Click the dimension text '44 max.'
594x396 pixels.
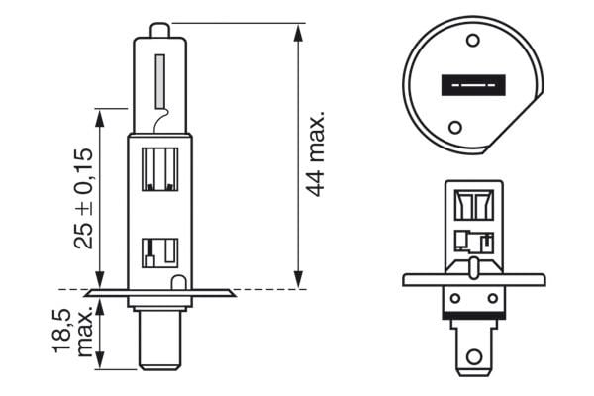(x=315, y=153)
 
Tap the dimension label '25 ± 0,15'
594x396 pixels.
(x=83, y=197)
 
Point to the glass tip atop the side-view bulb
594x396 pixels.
(x=159, y=29)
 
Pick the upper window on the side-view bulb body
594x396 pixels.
(x=159, y=168)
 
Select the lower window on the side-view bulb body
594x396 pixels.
(x=159, y=252)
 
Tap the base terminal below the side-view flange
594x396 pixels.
(x=159, y=342)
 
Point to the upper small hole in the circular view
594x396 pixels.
(x=471, y=41)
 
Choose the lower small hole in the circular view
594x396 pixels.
(x=454, y=128)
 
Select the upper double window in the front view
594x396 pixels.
(x=473, y=205)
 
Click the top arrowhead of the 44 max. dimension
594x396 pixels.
(x=298, y=28)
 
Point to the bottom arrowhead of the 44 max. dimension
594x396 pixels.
(x=298, y=283)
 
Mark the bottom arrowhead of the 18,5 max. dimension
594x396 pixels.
(x=100, y=363)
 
